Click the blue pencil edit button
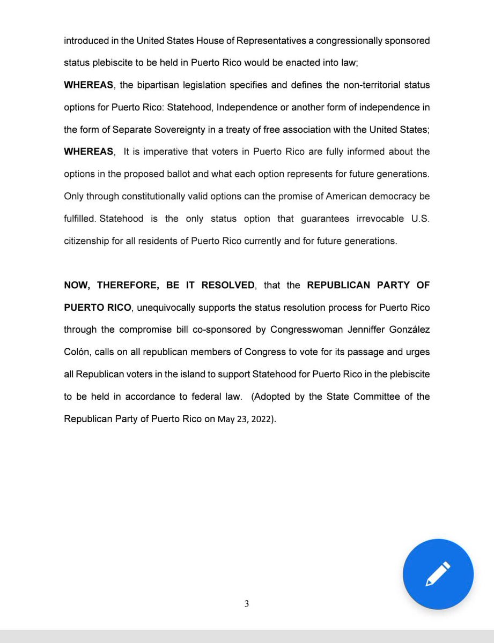(438, 574)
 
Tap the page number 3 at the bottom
(247, 604)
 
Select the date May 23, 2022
(247, 420)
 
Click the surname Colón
(78, 352)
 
